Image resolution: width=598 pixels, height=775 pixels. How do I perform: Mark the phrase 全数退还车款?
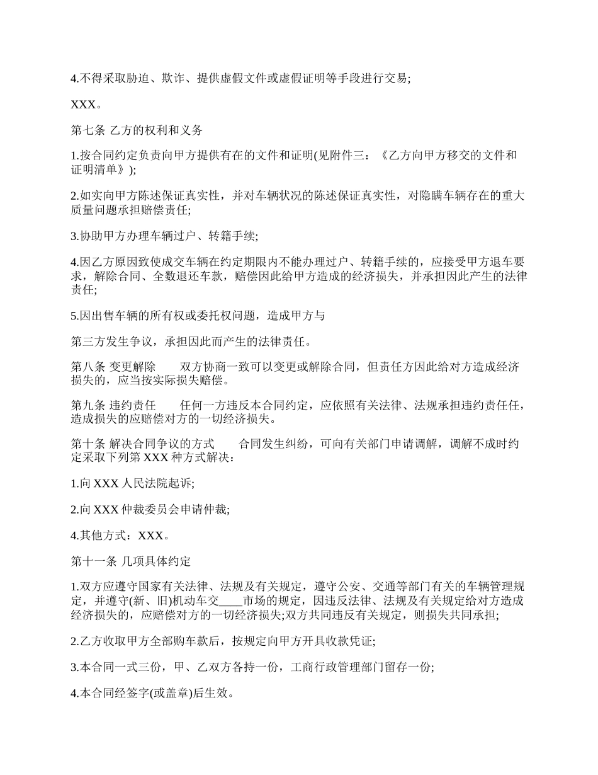183,277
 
